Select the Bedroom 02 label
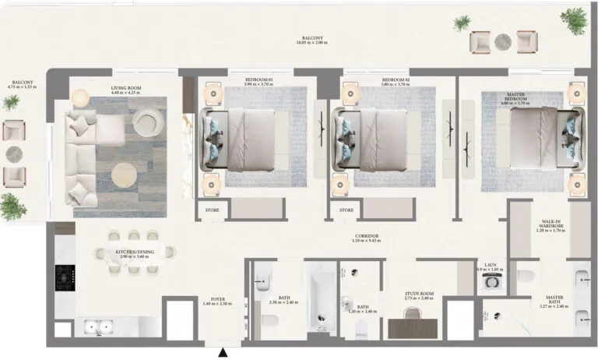tap(395, 81)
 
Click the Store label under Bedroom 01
tap(211, 210)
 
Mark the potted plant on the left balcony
tap(12, 206)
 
